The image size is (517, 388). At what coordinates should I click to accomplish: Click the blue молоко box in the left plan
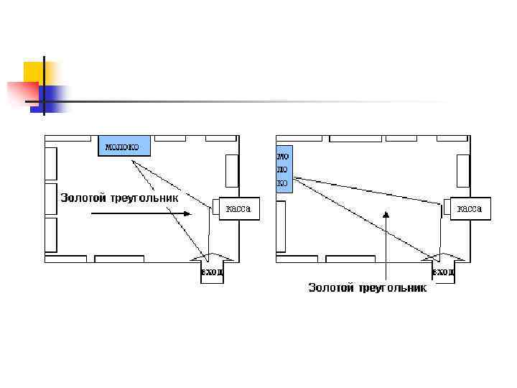124,147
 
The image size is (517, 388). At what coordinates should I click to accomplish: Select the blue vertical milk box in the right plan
284,168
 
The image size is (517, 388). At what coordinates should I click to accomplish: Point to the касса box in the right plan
470,209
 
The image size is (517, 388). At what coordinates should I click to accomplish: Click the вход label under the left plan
212,272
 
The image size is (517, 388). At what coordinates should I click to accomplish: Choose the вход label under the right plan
443,272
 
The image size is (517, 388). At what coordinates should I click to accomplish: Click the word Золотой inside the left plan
83,197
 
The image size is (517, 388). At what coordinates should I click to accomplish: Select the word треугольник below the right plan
392,287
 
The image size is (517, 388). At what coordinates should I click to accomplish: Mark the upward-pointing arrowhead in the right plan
386,214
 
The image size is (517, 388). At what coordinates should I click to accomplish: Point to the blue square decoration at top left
52,98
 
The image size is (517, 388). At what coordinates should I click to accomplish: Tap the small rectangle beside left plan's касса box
215,207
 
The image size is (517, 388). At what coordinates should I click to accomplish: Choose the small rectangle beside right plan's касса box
446,207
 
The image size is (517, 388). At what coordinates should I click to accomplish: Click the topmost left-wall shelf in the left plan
51,163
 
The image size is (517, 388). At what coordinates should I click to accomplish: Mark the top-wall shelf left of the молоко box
71,138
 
